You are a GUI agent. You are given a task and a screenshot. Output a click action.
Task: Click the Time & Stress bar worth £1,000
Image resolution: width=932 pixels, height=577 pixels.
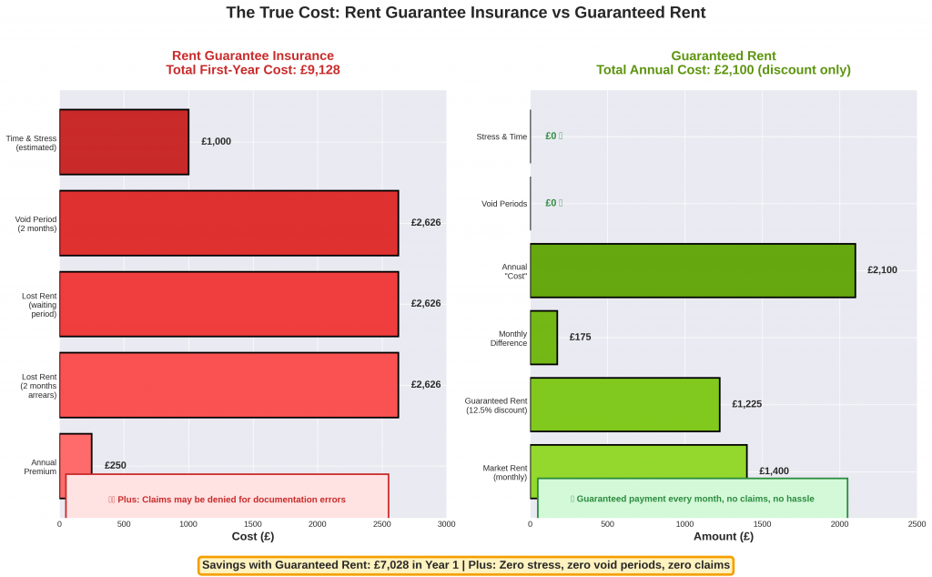tap(124, 142)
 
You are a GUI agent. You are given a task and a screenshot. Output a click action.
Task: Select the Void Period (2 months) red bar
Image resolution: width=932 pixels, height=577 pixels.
tap(228, 223)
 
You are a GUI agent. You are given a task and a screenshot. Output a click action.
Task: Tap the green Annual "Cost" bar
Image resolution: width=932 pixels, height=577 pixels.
tap(692, 270)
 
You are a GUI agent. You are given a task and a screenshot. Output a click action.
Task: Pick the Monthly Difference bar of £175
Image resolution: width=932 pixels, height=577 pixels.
tap(543, 338)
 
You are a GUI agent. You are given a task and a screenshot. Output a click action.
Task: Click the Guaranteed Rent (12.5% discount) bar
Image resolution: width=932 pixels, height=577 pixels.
tap(624, 404)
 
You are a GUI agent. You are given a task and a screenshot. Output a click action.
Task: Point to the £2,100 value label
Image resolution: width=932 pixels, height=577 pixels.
tap(882, 270)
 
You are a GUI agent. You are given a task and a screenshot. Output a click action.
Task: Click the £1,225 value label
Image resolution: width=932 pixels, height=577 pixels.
tap(746, 404)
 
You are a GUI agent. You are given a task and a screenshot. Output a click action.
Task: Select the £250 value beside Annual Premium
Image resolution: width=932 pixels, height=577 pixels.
tap(116, 465)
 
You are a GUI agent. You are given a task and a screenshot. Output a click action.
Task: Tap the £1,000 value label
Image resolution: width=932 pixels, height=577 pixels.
tap(216, 142)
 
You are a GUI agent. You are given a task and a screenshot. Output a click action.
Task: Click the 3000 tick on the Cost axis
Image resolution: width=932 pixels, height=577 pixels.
tap(446, 525)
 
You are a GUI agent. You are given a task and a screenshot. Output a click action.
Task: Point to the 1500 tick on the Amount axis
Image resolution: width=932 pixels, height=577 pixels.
tap(763, 525)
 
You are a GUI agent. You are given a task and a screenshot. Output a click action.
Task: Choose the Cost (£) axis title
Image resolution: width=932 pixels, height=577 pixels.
tap(252, 537)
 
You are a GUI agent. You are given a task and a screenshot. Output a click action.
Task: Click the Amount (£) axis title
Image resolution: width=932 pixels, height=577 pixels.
tap(723, 537)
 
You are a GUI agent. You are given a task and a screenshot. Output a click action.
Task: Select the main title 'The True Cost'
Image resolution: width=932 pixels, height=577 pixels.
tap(465, 13)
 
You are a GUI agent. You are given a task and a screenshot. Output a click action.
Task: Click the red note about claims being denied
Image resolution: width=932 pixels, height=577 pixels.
tap(227, 499)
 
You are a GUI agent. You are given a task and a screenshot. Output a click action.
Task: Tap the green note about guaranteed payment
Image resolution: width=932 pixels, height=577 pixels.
tap(692, 499)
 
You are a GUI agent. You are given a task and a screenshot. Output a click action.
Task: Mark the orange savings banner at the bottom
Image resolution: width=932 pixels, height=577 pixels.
tap(465, 565)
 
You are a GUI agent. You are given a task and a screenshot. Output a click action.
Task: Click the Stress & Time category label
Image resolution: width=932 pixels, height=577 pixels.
tap(501, 137)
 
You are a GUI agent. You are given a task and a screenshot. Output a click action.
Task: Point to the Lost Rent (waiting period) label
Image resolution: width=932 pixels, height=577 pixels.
tap(39, 304)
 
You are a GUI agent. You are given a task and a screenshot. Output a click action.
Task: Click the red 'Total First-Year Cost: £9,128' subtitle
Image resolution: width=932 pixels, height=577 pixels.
tap(252, 70)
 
